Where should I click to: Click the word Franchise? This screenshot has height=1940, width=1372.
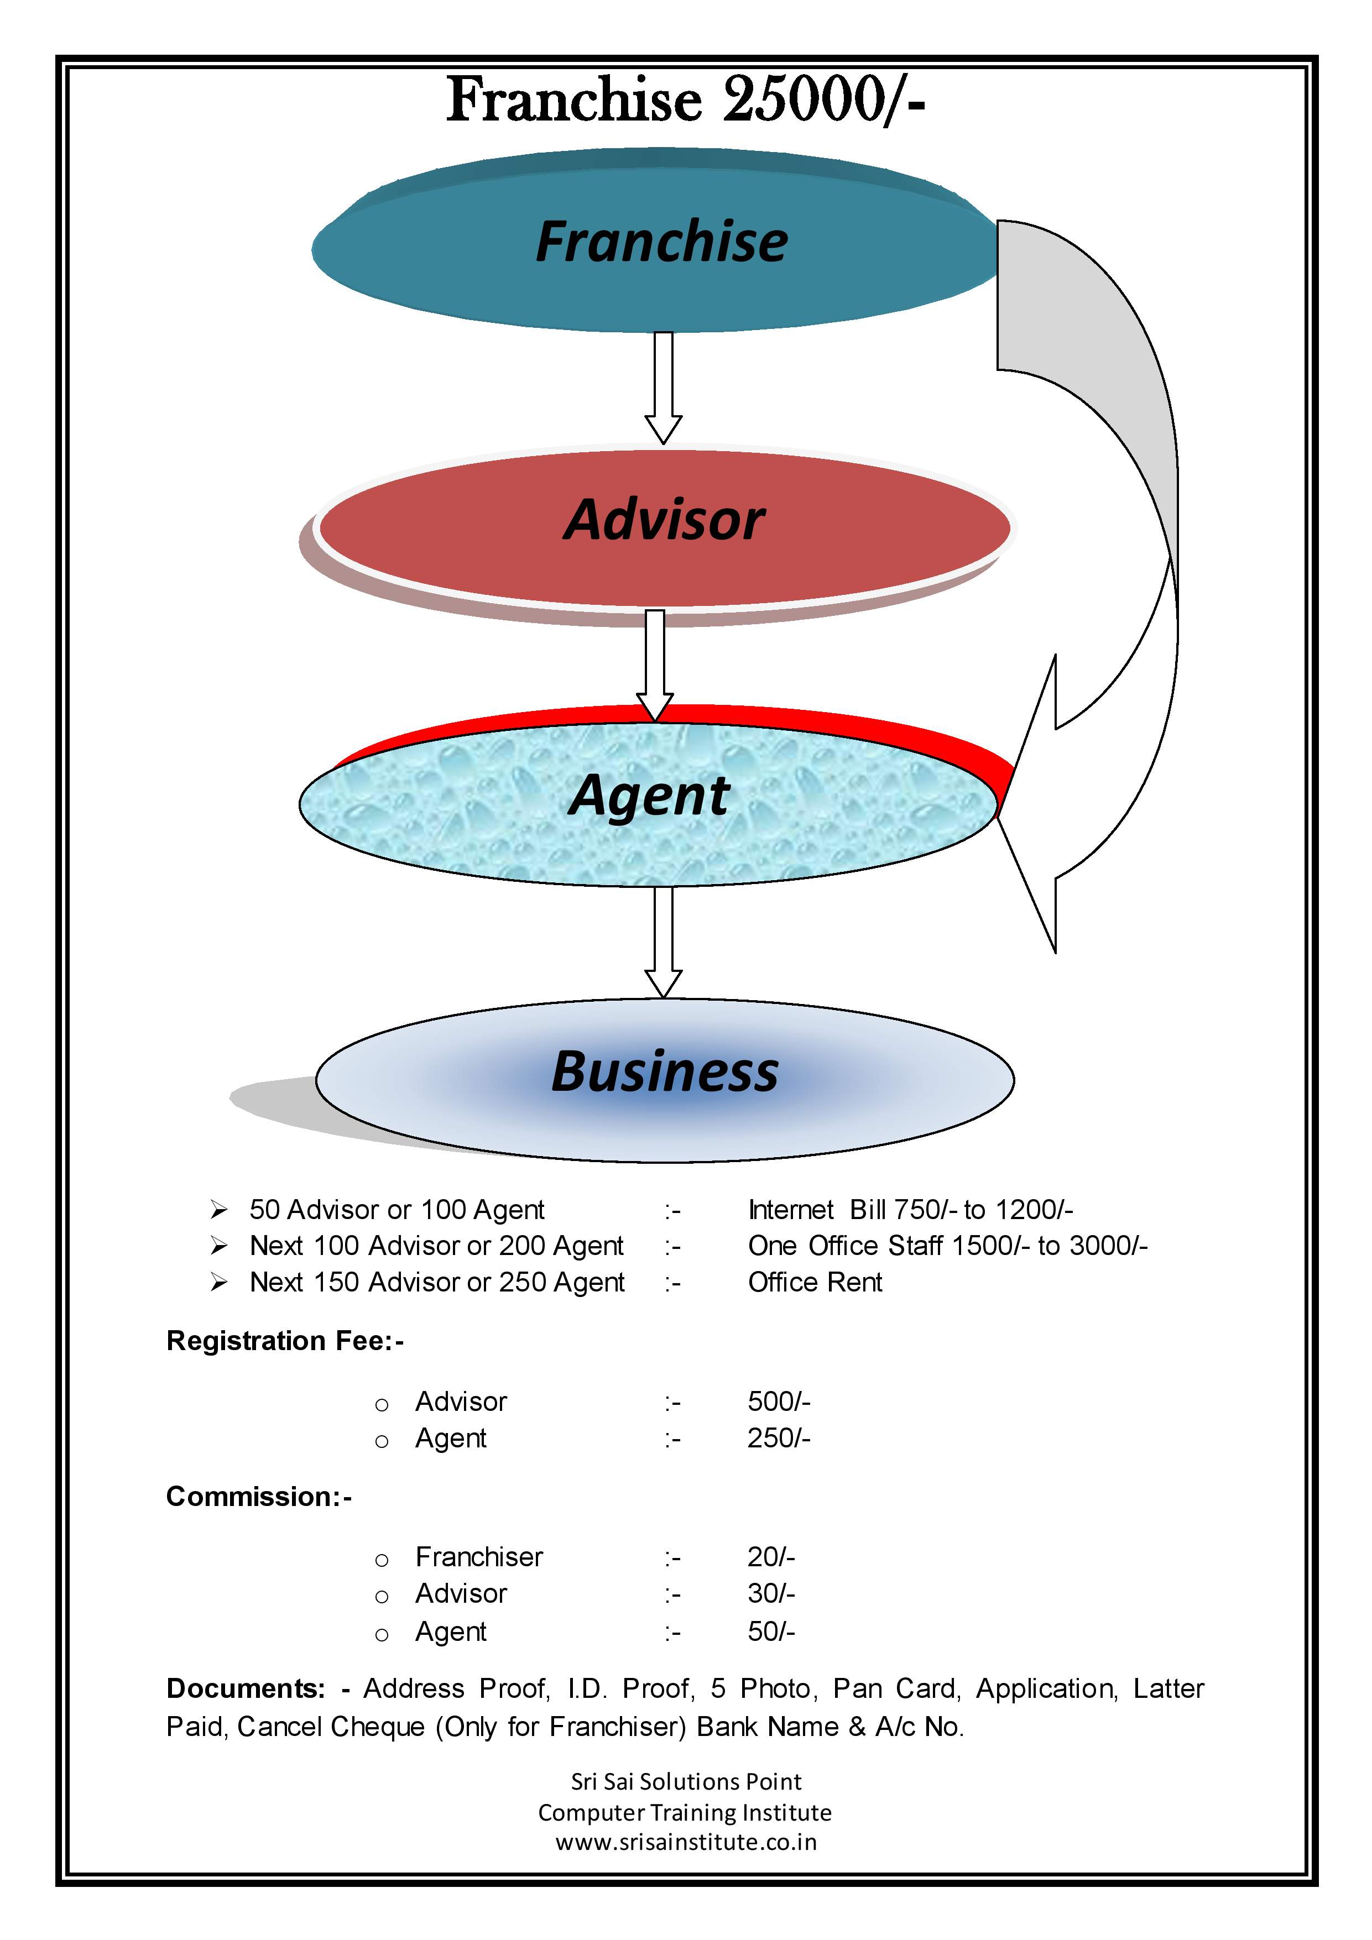point(662,243)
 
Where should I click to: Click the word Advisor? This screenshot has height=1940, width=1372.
point(665,520)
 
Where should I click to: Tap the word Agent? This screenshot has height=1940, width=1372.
point(649,796)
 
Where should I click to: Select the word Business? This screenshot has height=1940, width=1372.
point(665,1072)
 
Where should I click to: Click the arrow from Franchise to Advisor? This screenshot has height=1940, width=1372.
point(664,380)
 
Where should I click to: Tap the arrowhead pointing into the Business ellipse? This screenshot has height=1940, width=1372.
point(664,984)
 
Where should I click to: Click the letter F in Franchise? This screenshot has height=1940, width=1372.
point(554,243)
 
